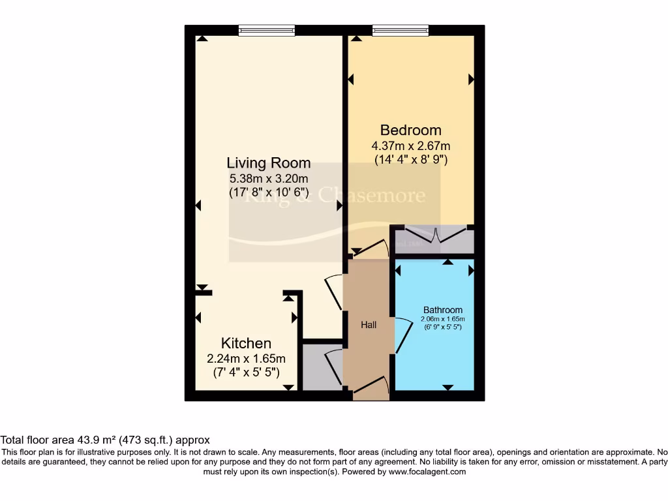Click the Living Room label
[x=268, y=163]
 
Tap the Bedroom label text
[x=410, y=130]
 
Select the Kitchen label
[x=246, y=343]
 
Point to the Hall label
[x=369, y=324]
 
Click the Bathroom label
[x=443, y=310]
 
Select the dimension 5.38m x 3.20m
[x=268, y=178]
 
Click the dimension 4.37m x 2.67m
[x=410, y=145]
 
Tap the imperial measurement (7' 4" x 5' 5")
[x=246, y=372]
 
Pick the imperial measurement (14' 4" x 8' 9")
[x=410, y=159]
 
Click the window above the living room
[x=267, y=30]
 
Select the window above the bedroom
[x=401, y=30]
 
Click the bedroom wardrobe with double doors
[x=432, y=239]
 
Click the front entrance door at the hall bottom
[x=371, y=387]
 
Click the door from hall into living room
[x=334, y=292]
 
